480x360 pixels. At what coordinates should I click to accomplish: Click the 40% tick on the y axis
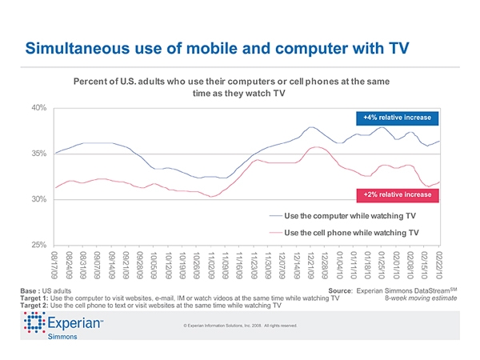(x=38, y=108)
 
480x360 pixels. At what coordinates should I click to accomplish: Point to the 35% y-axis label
(x=38, y=154)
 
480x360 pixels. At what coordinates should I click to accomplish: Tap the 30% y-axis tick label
(x=38, y=198)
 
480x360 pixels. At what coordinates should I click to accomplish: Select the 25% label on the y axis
(x=38, y=244)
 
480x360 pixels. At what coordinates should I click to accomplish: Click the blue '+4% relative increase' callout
(x=397, y=118)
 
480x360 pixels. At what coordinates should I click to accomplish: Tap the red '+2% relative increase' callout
(x=397, y=194)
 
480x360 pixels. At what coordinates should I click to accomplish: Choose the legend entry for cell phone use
(x=351, y=233)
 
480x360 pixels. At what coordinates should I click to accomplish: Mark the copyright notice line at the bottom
(x=240, y=326)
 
